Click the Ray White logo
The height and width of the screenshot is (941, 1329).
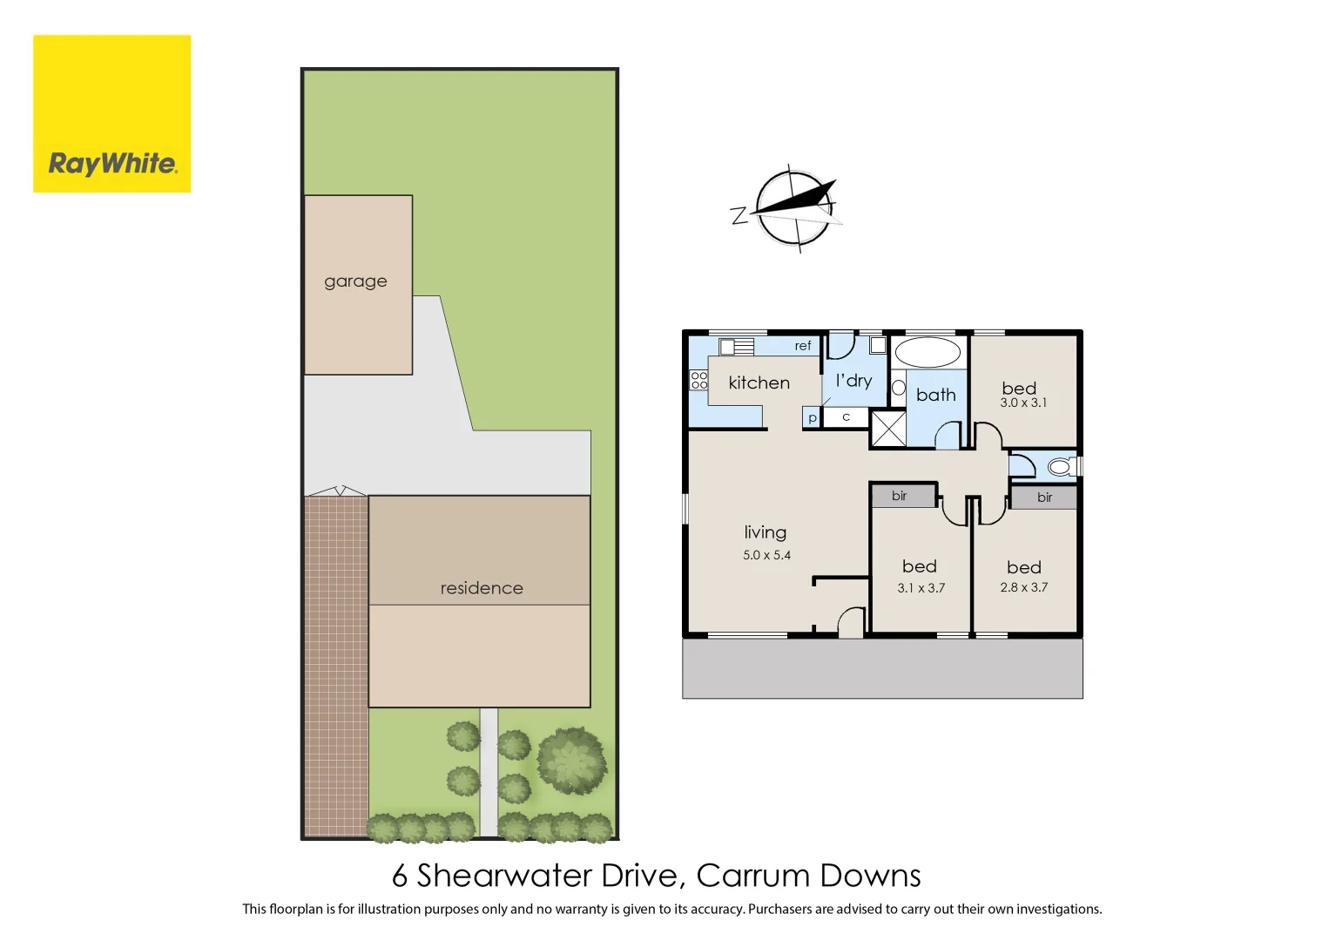pyautogui.click(x=112, y=114)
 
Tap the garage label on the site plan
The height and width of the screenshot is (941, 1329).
pyautogui.click(x=355, y=281)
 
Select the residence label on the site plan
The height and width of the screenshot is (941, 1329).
pyautogui.click(x=482, y=588)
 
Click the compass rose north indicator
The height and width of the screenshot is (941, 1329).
pyautogui.click(x=793, y=208)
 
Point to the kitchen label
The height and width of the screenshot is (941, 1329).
pyautogui.click(x=759, y=382)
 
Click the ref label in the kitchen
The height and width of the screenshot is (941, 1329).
pyautogui.click(x=802, y=346)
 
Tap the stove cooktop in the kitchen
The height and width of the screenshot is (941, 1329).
pyautogui.click(x=698, y=380)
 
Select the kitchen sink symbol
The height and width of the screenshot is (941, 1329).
pyautogui.click(x=736, y=347)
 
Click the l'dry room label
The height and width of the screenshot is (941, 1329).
pyautogui.click(x=853, y=381)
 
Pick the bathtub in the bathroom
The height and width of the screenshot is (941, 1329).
pyautogui.click(x=928, y=353)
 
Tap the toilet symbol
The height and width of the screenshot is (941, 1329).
pyautogui.click(x=1061, y=467)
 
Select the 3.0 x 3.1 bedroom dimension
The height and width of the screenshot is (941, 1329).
pyautogui.click(x=1023, y=403)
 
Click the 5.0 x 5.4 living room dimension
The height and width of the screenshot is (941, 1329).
pyautogui.click(x=766, y=555)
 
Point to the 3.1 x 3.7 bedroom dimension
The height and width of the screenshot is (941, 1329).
pyautogui.click(x=921, y=588)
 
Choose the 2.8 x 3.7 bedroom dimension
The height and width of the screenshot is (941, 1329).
pyautogui.click(x=1023, y=587)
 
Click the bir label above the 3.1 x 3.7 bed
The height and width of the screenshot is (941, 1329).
pyautogui.click(x=900, y=496)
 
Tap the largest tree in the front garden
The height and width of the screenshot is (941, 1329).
pyautogui.click(x=571, y=761)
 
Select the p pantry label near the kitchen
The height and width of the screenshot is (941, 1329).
pyautogui.click(x=812, y=418)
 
